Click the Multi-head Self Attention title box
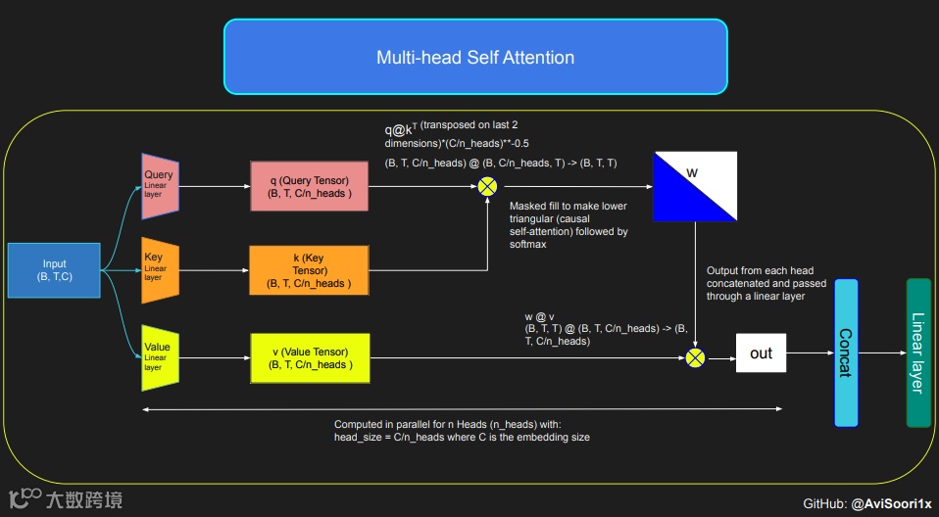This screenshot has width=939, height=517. (x=475, y=57)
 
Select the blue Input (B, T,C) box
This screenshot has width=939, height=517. (x=55, y=270)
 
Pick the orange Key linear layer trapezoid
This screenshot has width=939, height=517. (x=160, y=269)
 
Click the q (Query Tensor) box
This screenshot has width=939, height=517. (x=308, y=186)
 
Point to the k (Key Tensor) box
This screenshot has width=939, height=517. (x=308, y=270)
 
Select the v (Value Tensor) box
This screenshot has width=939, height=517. (x=308, y=357)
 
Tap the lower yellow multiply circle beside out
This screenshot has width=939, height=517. (x=696, y=357)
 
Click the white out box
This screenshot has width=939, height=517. (x=762, y=353)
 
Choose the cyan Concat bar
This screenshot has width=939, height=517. (x=846, y=352)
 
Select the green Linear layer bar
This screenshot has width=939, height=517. (x=918, y=352)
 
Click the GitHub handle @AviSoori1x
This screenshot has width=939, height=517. (x=891, y=503)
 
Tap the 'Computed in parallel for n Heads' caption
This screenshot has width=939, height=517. (x=461, y=430)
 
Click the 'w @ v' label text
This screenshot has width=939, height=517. (x=540, y=316)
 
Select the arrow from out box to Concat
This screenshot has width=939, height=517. (x=810, y=353)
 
